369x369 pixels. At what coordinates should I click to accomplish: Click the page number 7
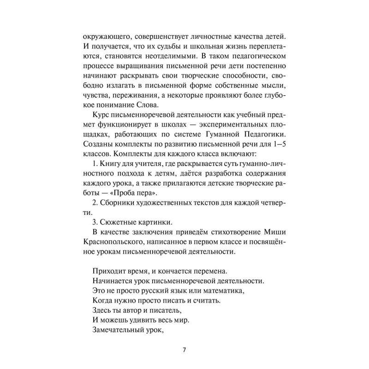184,349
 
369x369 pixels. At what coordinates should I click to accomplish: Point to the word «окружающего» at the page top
105,36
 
